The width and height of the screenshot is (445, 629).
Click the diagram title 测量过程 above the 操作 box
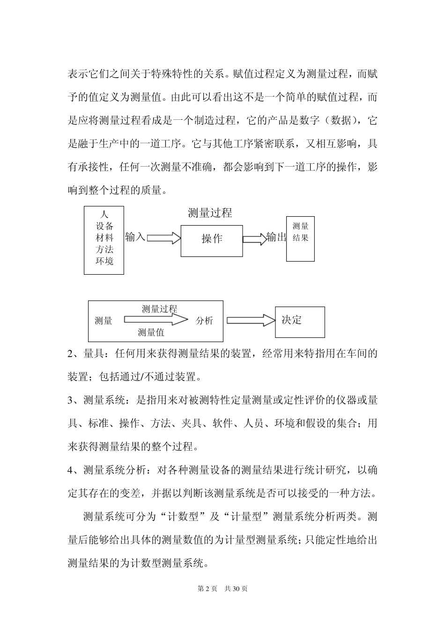click(x=210, y=213)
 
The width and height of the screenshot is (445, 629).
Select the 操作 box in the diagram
click(x=212, y=241)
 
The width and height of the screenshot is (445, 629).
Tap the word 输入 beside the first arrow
click(x=135, y=237)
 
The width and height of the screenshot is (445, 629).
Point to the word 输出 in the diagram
click(x=276, y=237)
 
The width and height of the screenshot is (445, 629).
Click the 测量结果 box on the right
click(x=300, y=239)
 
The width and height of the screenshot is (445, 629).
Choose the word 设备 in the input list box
click(x=104, y=226)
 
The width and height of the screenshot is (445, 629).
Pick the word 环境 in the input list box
click(x=104, y=261)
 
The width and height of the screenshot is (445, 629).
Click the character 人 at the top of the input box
click(x=104, y=214)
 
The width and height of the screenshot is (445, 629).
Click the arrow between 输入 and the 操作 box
click(x=164, y=238)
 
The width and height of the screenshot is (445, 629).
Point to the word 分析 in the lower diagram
click(x=204, y=321)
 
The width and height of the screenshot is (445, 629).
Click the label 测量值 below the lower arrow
click(x=151, y=333)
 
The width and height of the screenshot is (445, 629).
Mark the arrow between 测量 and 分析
click(x=156, y=320)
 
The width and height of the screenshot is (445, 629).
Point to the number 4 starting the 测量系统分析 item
click(x=71, y=470)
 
